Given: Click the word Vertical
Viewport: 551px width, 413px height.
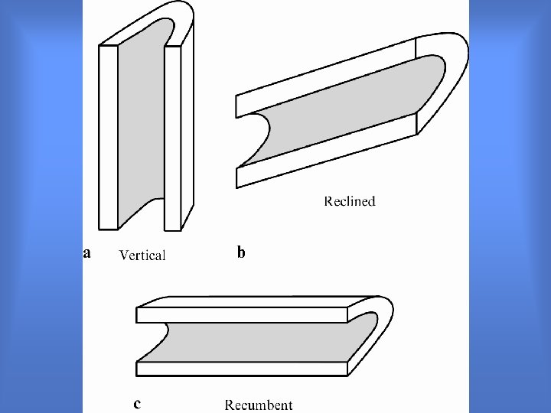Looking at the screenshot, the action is pyautogui.click(x=142, y=255).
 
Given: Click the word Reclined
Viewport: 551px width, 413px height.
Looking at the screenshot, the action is pyautogui.click(x=350, y=202).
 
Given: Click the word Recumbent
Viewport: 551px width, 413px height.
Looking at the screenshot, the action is pyautogui.click(x=259, y=405).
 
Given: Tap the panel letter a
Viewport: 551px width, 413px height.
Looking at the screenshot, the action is pyautogui.click(x=87, y=252).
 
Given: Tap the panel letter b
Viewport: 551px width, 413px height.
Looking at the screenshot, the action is pyautogui.click(x=242, y=252).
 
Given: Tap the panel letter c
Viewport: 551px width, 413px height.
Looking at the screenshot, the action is pyautogui.click(x=137, y=402).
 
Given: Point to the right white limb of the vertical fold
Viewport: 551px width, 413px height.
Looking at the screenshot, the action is pyautogui.click(x=173, y=138).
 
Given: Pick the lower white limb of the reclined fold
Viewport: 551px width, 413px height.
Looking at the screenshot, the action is pyautogui.click(x=329, y=153).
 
